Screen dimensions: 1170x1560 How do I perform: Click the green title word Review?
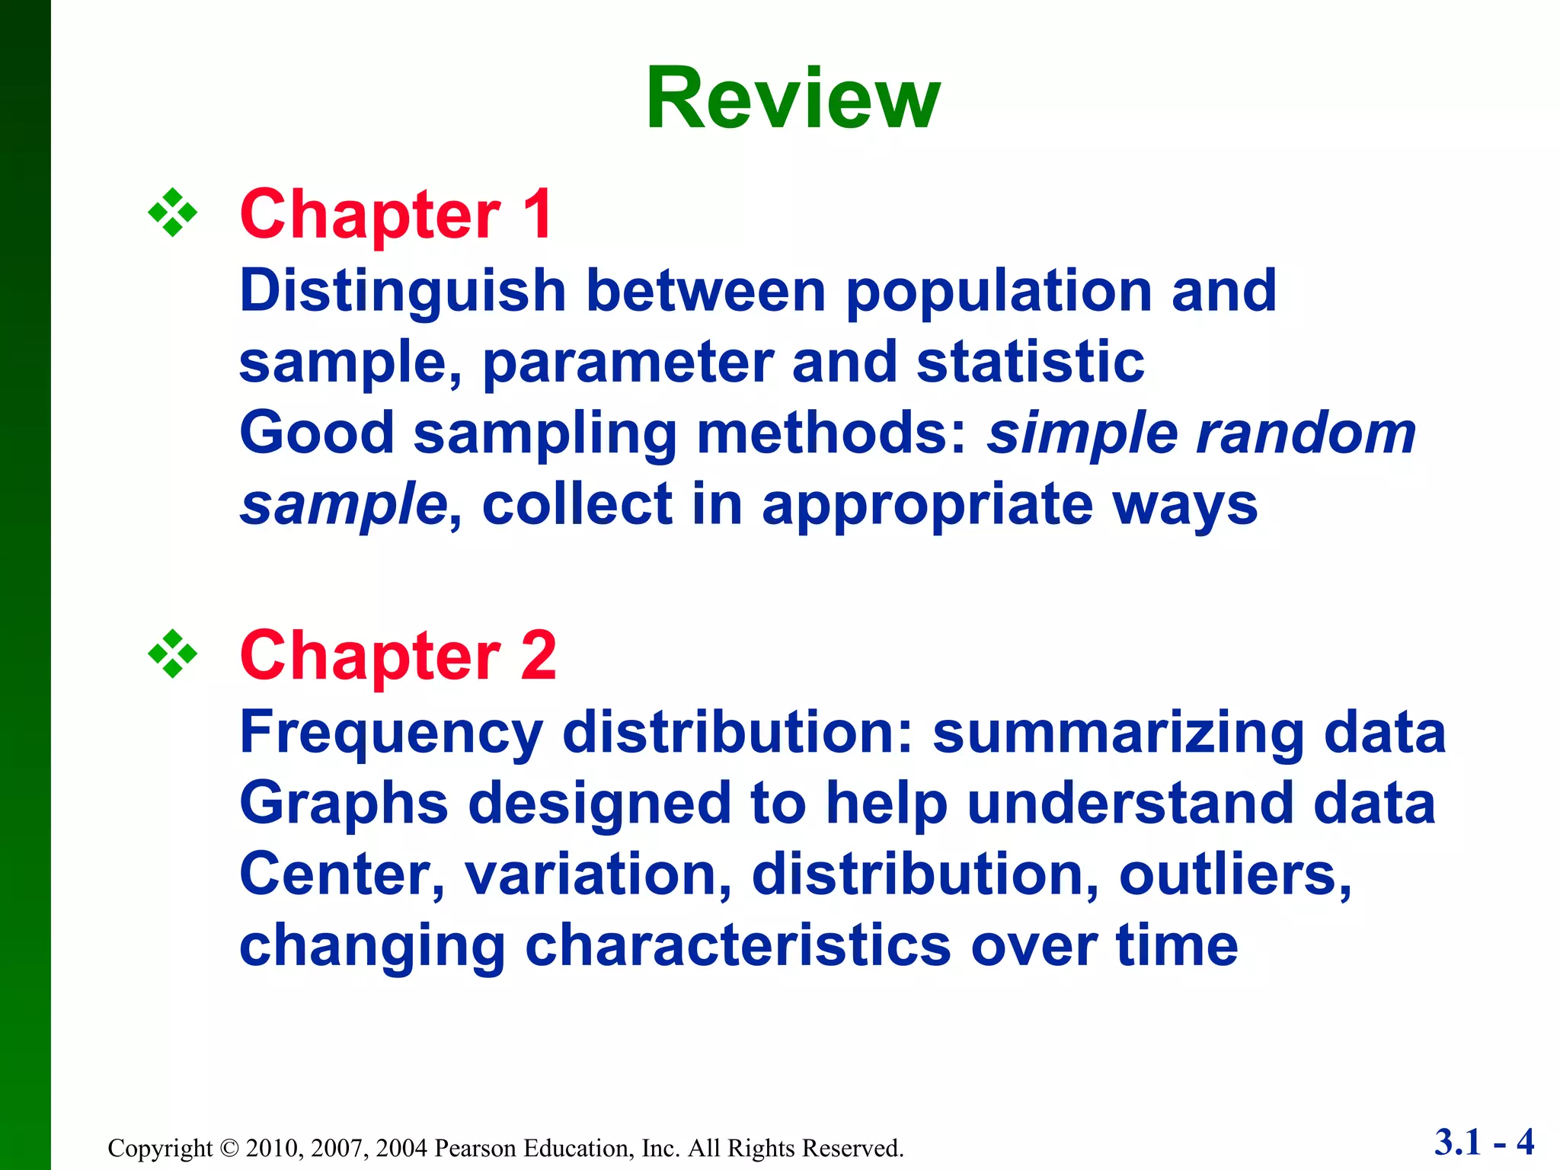pyautogui.click(x=793, y=100)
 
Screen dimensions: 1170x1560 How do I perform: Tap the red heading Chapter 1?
pyautogui.click(x=396, y=215)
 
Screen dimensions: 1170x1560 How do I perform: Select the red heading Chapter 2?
pyautogui.click(x=398, y=656)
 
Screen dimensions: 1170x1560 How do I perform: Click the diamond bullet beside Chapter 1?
pyautogui.click(x=173, y=213)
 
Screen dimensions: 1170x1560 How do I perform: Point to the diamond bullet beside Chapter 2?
pyautogui.click(x=173, y=654)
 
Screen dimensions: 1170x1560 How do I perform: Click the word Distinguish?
pyautogui.click(x=403, y=292)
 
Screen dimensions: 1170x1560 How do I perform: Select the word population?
pyautogui.click(x=999, y=292)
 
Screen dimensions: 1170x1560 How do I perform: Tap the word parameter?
pyautogui.click(x=628, y=363)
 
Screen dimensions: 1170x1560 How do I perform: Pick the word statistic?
pyautogui.click(x=1030, y=363)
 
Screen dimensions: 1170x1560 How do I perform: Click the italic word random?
pyautogui.click(x=1306, y=434)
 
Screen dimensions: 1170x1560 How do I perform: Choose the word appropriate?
pyautogui.click(x=927, y=506)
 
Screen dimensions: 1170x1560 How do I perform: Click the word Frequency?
pyautogui.click(x=392, y=733)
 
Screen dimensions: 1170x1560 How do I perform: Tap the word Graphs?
pyautogui.click(x=344, y=804)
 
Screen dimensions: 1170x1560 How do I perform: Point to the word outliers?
pyautogui.click(x=1235, y=874)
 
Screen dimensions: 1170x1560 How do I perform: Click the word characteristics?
pyautogui.click(x=738, y=945)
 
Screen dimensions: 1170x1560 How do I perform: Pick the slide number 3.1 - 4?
pyautogui.click(x=1484, y=1142)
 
